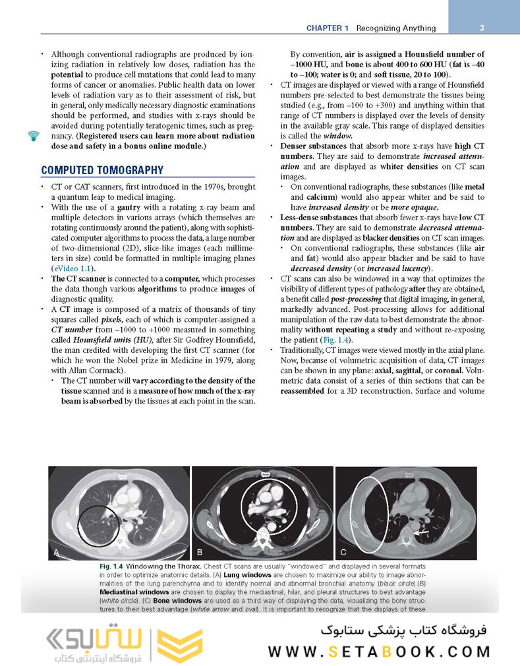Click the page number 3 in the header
pyautogui.click(x=482, y=28)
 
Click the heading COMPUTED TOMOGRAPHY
pyautogui.click(x=101, y=170)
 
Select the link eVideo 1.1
pyautogui.click(x=73, y=268)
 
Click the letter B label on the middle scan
pyautogui.click(x=200, y=551)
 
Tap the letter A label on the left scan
pyautogui.click(x=57, y=552)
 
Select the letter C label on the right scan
pyautogui.click(x=343, y=551)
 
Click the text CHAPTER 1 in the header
pyautogui.click(x=328, y=28)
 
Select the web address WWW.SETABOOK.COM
pyautogui.click(x=379, y=651)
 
